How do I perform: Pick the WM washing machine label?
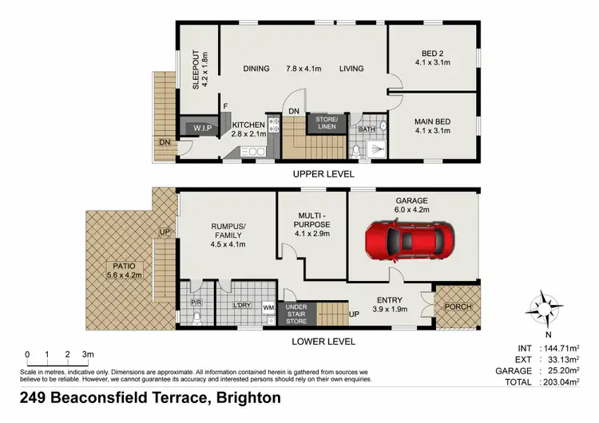[x=268, y=306]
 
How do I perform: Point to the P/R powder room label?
[x=196, y=303]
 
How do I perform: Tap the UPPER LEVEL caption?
[x=324, y=173]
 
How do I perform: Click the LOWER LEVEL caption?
[x=324, y=342]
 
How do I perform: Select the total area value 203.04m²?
[x=568, y=382]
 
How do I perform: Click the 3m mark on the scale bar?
[x=89, y=354]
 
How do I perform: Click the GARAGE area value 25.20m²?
[x=568, y=371]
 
